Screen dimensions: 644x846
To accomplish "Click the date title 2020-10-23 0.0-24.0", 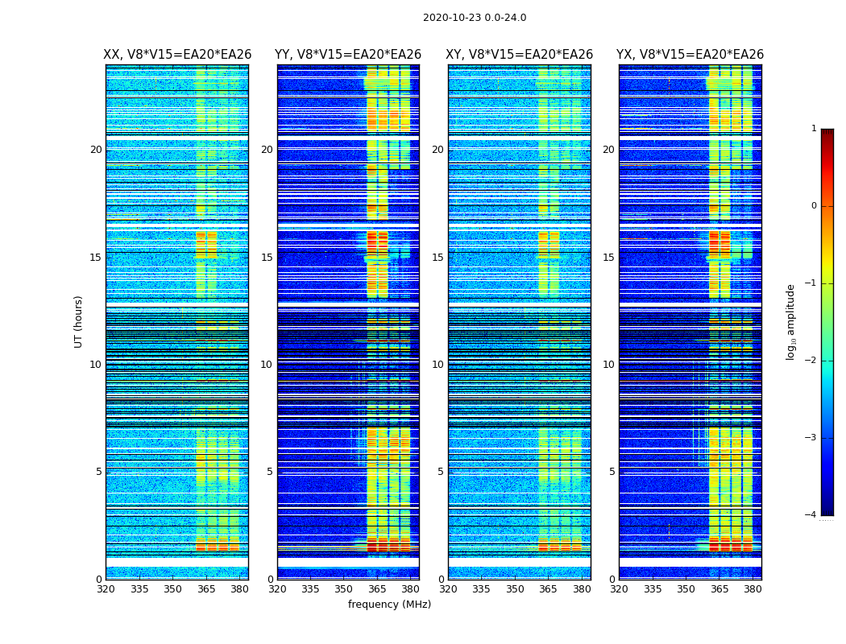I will pyautogui.click(x=475, y=18).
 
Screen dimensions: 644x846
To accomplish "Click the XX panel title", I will pyautogui.click(x=177, y=55).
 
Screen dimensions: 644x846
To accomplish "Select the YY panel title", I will pyautogui.click(x=348, y=55).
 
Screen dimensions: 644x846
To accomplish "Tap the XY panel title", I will pyautogui.click(x=520, y=55).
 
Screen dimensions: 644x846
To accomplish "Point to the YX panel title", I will pyautogui.click(x=690, y=55).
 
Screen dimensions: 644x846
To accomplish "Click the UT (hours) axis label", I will pyautogui.click(x=79, y=321).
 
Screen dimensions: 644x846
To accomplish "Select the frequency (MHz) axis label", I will pyautogui.click(x=389, y=605).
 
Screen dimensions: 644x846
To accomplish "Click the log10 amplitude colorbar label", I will pyautogui.click(x=791, y=321).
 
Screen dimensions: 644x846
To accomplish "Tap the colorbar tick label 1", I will pyautogui.click(x=814, y=129).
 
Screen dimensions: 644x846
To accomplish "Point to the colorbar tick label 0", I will pyautogui.click(x=814, y=206).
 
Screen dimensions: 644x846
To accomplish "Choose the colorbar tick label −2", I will pyautogui.click(x=811, y=361).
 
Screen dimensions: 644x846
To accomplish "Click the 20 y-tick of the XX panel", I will pyautogui.click(x=96, y=150).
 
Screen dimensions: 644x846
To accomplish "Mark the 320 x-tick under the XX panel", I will pyautogui.click(x=106, y=589).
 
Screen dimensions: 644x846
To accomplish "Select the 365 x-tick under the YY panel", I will pyautogui.click(x=378, y=589).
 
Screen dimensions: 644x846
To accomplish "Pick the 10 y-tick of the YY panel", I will pyautogui.click(x=267, y=365).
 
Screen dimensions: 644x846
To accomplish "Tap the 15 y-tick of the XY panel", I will pyautogui.click(x=438, y=258).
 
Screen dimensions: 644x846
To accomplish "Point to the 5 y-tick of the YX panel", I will pyautogui.click(x=612, y=472).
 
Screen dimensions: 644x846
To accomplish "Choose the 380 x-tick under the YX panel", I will pyautogui.click(x=753, y=589).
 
